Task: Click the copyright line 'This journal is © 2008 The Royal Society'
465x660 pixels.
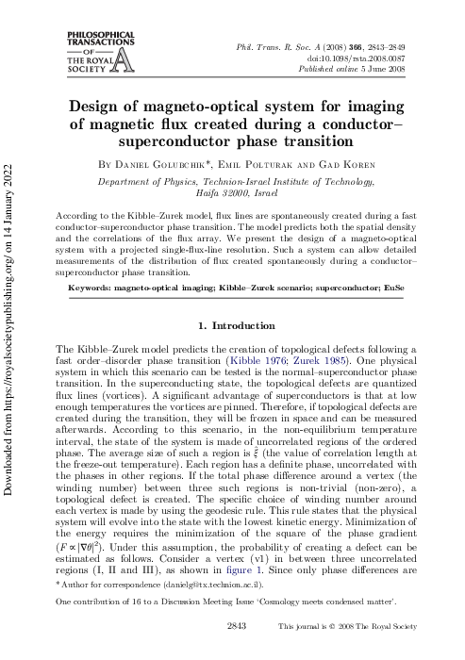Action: pyautogui.click(x=357, y=652)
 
